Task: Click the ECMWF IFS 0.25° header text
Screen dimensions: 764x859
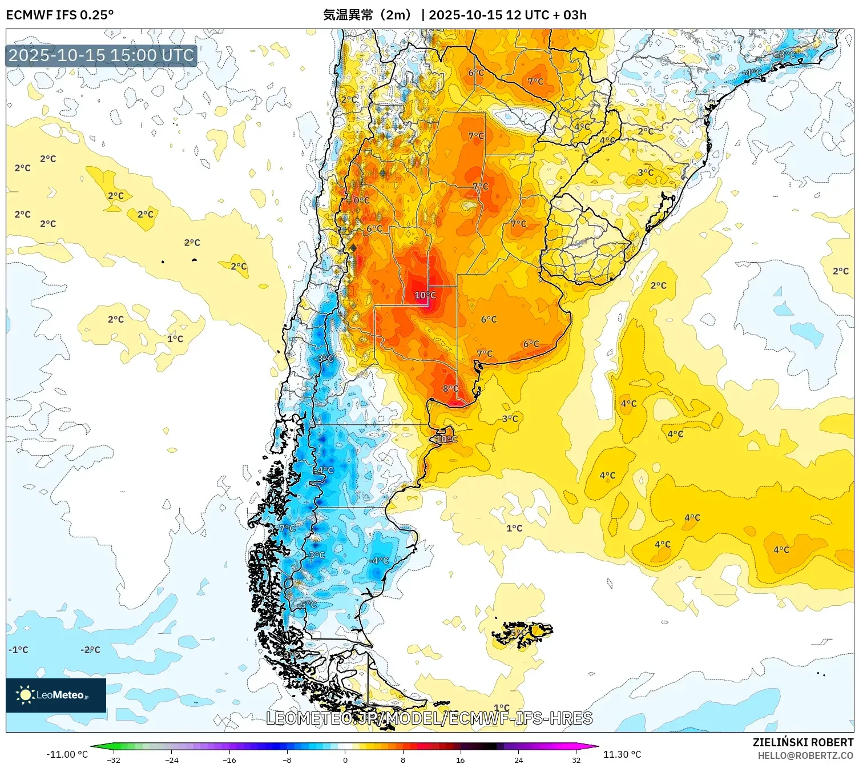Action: (x=60, y=15)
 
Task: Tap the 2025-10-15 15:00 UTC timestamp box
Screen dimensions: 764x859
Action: (x=101, y=55)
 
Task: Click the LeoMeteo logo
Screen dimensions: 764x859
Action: (x=55, y=695)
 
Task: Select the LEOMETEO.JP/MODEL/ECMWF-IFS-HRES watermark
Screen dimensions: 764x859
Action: (x=429, y=718)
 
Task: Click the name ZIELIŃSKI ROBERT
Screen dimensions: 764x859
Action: (x=802, y=742)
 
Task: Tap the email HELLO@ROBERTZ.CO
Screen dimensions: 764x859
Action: (x=805, y=755)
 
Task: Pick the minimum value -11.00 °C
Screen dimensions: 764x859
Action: (x=67, y=754)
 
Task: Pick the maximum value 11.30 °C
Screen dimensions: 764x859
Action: (x=622, y=754)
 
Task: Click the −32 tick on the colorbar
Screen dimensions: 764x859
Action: (x=114, y=760)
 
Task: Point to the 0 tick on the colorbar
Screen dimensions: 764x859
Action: (x=345, y=760)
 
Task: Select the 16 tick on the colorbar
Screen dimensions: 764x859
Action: (x=461, y=760)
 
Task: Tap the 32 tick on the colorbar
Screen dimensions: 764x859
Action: (x=576, y=760)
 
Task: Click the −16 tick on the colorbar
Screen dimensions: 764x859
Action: (x=229, y=760)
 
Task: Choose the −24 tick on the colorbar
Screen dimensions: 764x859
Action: (x=171, y=760)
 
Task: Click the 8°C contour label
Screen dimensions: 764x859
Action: (x=450, y=389)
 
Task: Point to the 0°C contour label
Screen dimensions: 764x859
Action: (x=361, y=200)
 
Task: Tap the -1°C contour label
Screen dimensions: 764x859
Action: (x=18, y=650)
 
